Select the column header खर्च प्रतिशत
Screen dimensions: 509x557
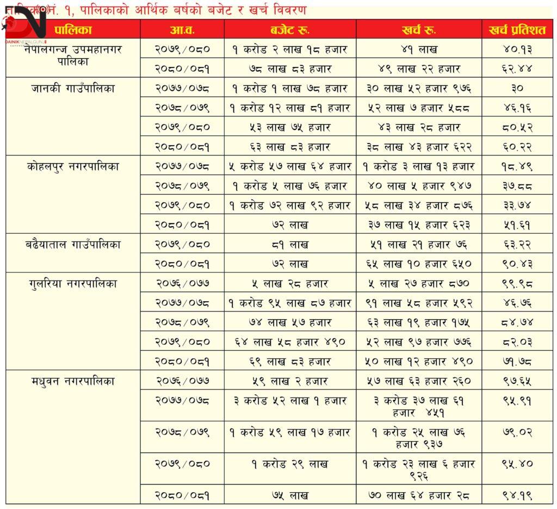pyautogui.click(x=517, y=30)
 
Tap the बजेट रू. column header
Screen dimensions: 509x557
pyautogui.click(x=290, y=30)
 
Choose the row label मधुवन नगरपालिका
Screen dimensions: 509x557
pyautogui.click(x=73, y=381)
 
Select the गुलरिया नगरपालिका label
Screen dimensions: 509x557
pyautogui.click(x=73, y=284)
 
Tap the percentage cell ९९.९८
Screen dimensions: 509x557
pyautogui.click(x=517, y=284)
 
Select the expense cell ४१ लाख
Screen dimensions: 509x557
pyautogui.click(x=419, y=49)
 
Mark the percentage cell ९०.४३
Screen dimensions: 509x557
pyautogui.click(x=517, y=264)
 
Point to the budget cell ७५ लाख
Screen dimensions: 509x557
pyautogui.click(x=290, y=495)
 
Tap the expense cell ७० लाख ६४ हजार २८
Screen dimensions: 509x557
pyautogui.click(x=419, y=495)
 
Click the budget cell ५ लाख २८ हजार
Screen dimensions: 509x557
pyautogui.click(x=290, y=284)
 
